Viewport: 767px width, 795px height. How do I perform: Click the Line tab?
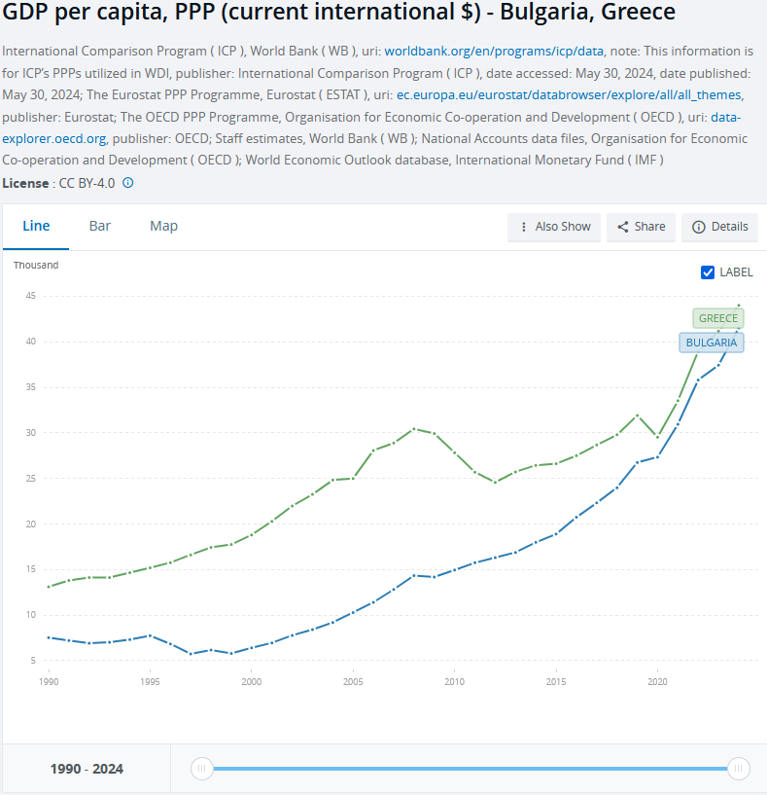(x=36, y=226)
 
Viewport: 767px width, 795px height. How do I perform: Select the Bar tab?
(x=100, y=226)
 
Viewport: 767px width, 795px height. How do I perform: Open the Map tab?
(x=163, y=226)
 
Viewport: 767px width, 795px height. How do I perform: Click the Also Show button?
(x=554, y=227)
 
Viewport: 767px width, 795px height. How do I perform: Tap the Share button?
(x=642, y=227)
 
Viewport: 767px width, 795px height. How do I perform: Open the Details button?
(x=720, y=227)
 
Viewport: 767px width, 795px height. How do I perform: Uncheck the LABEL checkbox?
(x=708, y=272)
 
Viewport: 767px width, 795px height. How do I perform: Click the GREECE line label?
(x=718, y=318)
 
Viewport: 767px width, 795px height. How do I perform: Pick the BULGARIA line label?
(x=711, y=343)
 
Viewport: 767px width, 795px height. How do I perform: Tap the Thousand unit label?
(x=36, y=265)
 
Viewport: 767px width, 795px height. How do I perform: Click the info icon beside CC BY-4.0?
(x=127, y=182)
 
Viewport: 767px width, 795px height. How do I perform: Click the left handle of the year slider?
(x=201, y=769)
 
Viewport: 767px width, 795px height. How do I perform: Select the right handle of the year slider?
(x=739, y=769)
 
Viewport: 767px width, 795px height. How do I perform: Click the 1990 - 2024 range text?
(x=87, y=769)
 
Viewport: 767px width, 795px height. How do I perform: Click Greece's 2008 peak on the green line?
(x=414, y=428)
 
